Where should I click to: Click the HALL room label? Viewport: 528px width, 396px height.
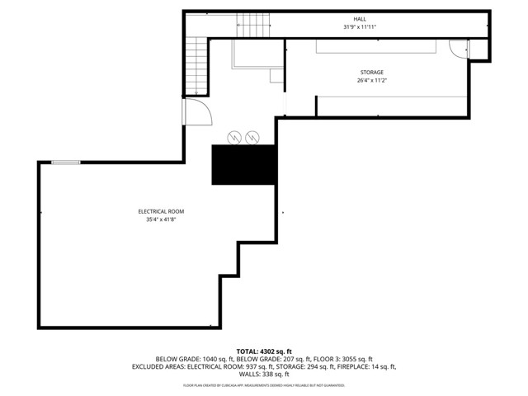[x=360, y=18]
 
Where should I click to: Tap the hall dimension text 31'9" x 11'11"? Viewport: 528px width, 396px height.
[x=360, y=26]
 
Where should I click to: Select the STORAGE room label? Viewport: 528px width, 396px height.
[x=370, y=73]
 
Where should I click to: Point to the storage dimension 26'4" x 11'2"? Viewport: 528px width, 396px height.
[x=370, y=81]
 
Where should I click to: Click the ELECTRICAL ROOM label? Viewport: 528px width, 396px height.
[x=161, y=211]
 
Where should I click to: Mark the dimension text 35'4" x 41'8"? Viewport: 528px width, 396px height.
[x=161, y=219]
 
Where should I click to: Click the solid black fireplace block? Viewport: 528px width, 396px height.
[x=243, y=165]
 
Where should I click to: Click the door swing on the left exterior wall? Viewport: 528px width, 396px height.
[x=195, y=111]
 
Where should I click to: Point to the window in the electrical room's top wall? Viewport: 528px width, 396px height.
[x=66, y=163]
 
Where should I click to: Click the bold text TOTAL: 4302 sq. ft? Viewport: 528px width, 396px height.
[x=264, y=351]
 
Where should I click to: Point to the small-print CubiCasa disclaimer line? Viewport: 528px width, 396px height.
[x=264, y=384]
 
